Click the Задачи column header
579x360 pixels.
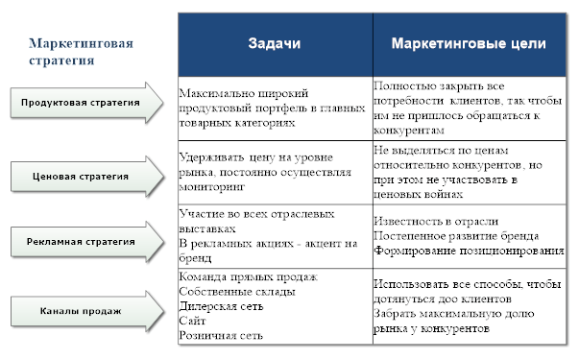274,44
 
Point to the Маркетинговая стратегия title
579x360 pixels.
81,51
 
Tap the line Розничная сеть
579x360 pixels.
220,336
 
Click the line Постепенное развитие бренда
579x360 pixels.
457,236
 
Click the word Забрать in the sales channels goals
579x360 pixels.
398,314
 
